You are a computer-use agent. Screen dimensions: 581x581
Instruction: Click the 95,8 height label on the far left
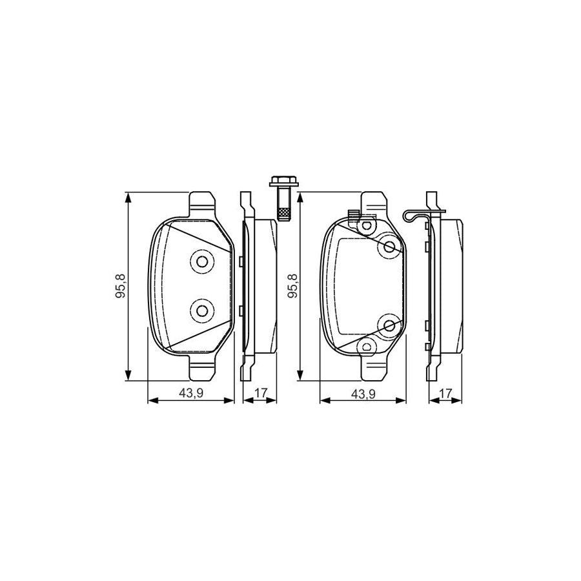(x=120, y=285)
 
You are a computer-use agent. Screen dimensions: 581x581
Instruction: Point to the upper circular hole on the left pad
(x=202, y=261)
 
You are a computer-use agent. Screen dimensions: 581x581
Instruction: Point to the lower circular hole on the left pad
(x=202, y=311)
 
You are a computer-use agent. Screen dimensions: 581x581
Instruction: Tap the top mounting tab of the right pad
(x=374, y=202)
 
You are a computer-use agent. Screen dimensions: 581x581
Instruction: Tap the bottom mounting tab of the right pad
(x=374, y=370)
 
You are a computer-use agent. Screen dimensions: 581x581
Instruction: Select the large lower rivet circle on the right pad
(x=390, y=326)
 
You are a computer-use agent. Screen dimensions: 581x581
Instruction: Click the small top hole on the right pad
(x=367, y=226)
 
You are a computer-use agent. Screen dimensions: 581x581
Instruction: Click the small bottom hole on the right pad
(x=367, y=347)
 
